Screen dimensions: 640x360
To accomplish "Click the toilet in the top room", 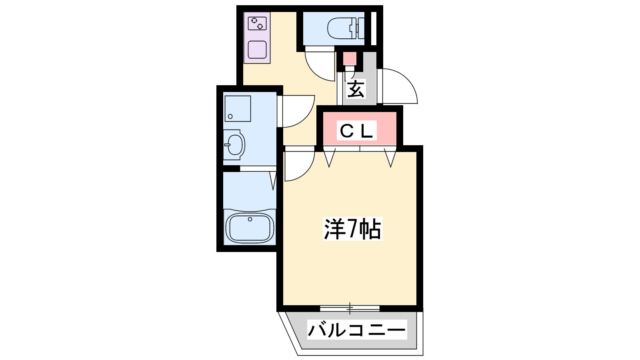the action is [x=346, y=28].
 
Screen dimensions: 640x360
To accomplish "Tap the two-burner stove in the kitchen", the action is [x=257, y=24].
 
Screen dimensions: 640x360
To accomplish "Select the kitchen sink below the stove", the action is [x=257, y=50].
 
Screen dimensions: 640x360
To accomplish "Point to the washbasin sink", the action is [x=234, y=144].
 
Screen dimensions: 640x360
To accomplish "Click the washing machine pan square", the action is [x=238, y=108].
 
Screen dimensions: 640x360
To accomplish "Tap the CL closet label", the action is [x=356, y=130].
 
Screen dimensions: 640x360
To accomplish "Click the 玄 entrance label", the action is [x=356, y=89].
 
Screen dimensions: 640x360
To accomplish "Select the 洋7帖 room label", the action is [x=352, y=229].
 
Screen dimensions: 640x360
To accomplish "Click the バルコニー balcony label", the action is [x=357, y=330].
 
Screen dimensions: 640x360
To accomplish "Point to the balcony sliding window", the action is [x=350, y=308].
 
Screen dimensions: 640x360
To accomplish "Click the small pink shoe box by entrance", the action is [x=350, y=58].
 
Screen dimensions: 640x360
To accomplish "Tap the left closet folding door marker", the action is [x=329, y=158].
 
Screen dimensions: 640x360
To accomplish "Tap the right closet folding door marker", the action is [x=390, y=158].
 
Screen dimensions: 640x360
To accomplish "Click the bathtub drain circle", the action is [x=250, y=219].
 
